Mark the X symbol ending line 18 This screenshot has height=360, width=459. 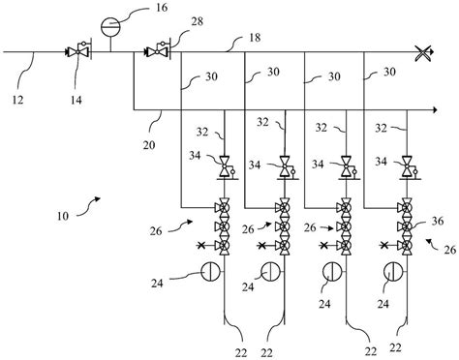tap(422, 49)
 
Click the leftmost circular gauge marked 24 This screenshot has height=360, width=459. tap(207, 272)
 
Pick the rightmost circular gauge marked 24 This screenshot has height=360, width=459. tap(392, 272)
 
